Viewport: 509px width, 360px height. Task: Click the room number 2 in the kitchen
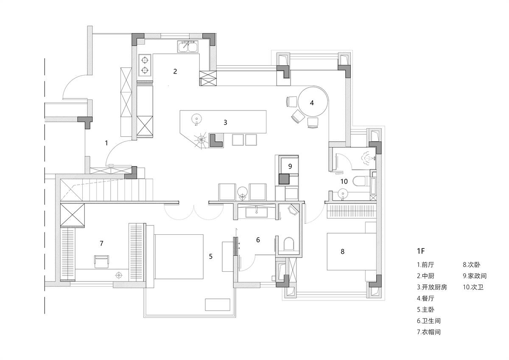[175, 71]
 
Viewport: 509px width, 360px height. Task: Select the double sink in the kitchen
[187, 47]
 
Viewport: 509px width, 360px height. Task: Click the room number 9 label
[290, 166]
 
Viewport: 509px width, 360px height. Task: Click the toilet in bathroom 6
[288, 244]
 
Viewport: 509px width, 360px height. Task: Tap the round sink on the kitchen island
[196, 119]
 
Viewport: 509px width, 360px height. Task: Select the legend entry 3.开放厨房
[432, 287]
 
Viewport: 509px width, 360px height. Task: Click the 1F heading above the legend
[421, 251]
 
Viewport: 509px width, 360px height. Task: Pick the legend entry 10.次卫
[473, 287]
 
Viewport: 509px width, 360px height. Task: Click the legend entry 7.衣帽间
[429, 332]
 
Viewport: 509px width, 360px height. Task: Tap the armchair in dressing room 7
[101, 262]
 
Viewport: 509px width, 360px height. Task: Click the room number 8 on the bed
[342, 251]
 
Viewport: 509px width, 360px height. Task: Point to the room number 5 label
[211, 256]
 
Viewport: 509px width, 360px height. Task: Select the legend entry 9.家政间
[475, 276]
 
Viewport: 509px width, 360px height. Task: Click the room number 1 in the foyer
[106, 143]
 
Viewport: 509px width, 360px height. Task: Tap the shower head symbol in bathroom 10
[368, 157]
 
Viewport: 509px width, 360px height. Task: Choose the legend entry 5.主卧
[425, 309]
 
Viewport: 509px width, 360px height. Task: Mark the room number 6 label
[258, 240]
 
